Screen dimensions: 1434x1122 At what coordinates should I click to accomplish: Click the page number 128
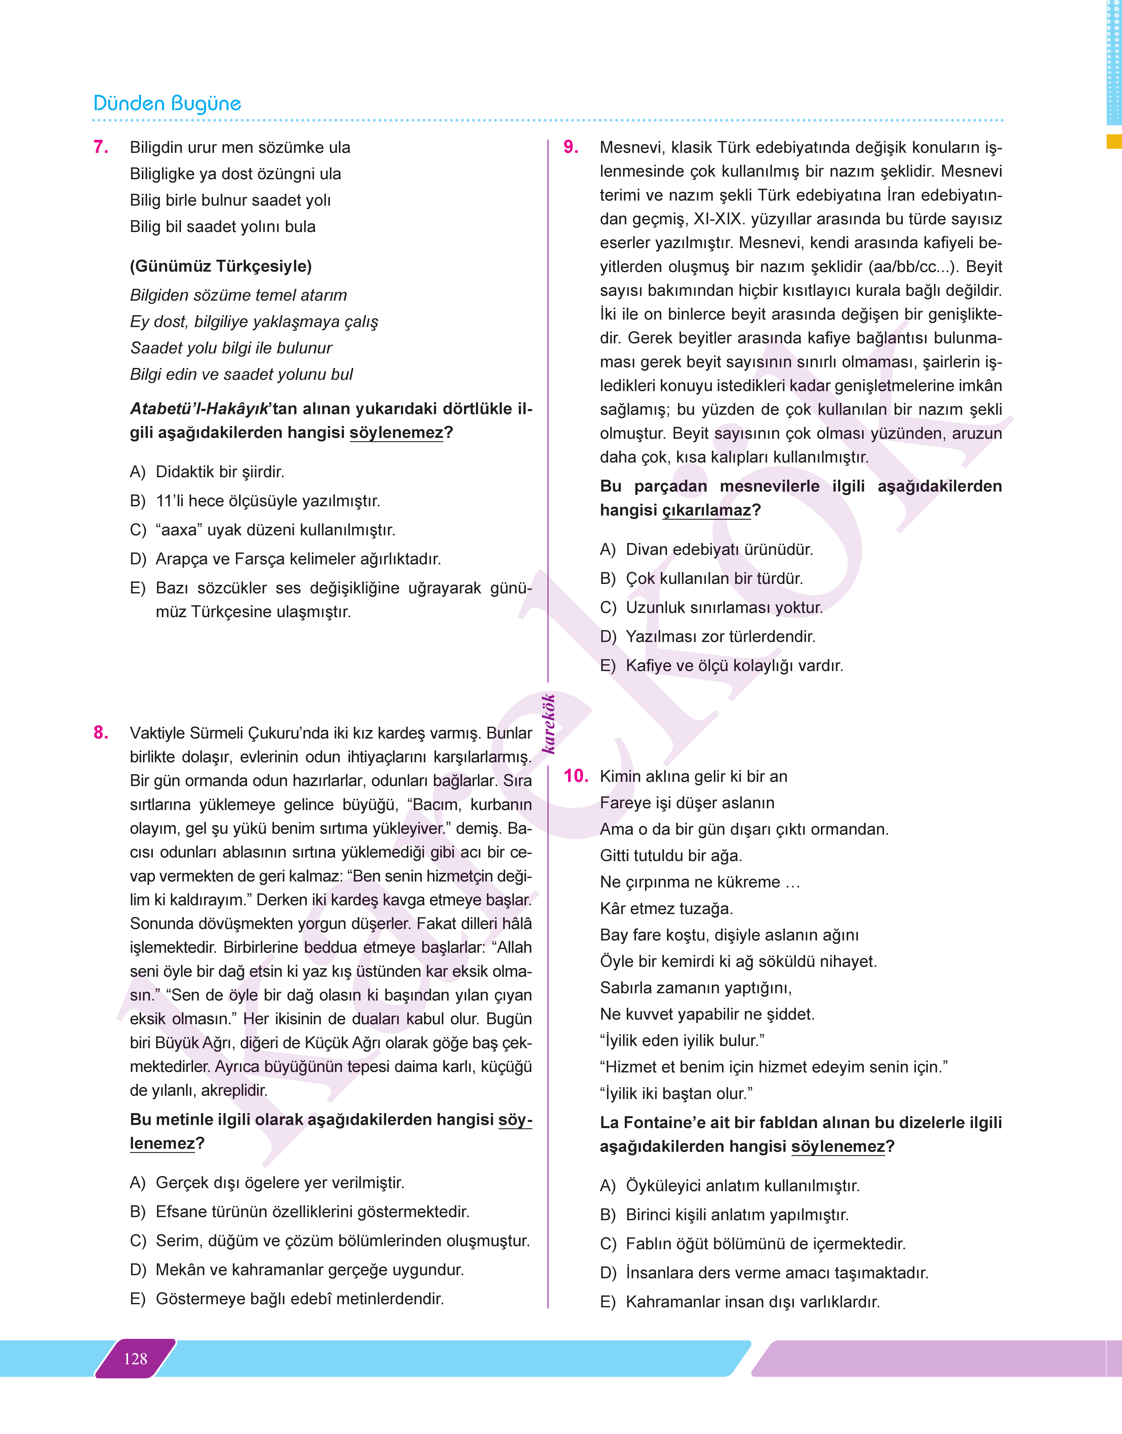coord(135,1359)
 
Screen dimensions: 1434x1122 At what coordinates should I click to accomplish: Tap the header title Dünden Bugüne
coord(168,104)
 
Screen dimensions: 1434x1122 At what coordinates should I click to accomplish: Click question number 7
coord(101,147)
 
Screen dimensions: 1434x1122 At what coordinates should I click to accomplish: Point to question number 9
coord(571,147)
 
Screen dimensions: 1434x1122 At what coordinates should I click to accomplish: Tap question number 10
coord(576,776)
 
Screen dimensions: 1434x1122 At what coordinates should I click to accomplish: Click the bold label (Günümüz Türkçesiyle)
coord(221,266)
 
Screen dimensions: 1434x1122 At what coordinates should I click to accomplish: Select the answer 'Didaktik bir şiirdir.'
coord(219,472)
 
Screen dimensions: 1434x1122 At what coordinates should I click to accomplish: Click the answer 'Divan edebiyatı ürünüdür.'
coord(719,549)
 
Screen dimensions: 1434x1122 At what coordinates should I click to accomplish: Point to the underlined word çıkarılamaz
coord(706,510)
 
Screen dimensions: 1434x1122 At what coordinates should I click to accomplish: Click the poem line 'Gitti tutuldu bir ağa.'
coord(671,855)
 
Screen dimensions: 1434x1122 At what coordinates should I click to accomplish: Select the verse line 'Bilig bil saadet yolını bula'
coord(223,227)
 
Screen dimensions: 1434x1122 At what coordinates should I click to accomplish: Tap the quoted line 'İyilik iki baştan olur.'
coord(676,1093)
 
